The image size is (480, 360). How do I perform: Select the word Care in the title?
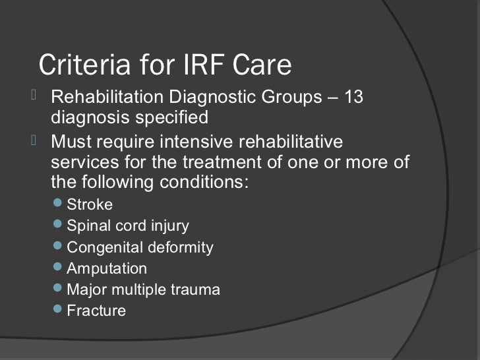(262, 66)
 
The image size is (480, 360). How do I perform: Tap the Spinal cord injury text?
(128, 227)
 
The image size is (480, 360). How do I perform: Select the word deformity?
(181, 248)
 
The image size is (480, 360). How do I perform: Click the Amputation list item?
(107, 269)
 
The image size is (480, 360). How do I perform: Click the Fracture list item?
(96, 310)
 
